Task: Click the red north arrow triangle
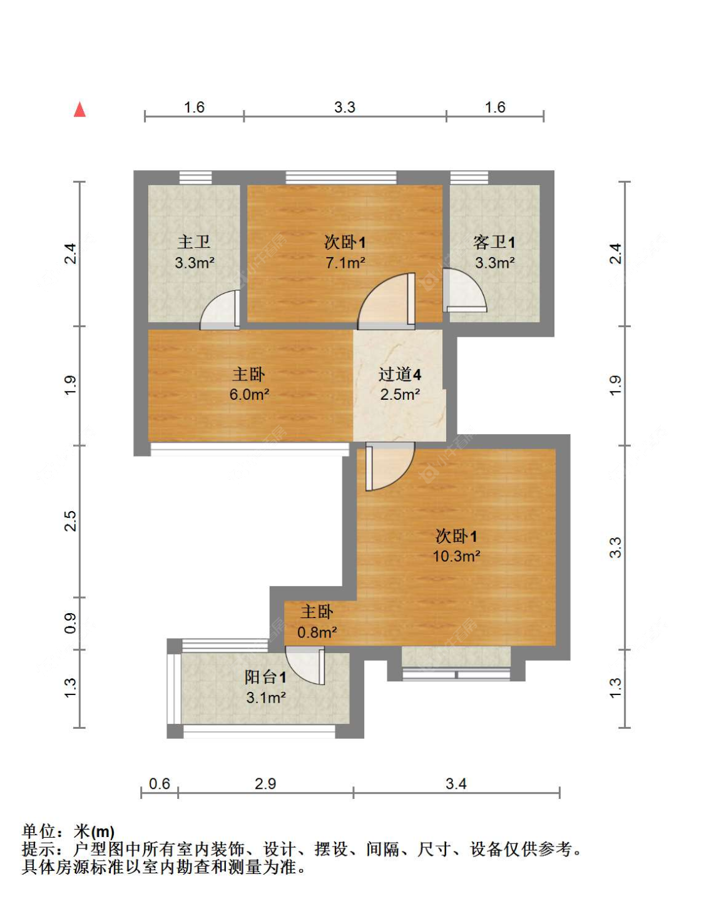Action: (x=79, y=110)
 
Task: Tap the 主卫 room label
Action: (x=193, y=241)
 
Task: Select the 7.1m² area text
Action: (x=345, y=263)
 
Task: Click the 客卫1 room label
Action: (x=494, y=242)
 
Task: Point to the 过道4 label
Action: (x=400, y=375)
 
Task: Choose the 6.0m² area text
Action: (x=249, y=395)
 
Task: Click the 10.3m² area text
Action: (x=456, y=556)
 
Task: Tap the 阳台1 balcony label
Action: (x=266, y=677)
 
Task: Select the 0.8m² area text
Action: (x=317, y=632)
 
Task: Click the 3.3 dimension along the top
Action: (x=345, y=108)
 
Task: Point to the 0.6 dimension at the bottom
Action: (x=160, y=784)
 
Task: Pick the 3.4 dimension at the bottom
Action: (x=456, y=784)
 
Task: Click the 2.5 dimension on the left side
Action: (x=70, y=521)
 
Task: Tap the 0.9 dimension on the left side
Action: (x=70, y=623)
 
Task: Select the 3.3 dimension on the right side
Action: (x=616, y=547)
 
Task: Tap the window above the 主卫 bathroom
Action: (x=195, y=178)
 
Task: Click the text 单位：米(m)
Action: (x=68, y=831)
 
